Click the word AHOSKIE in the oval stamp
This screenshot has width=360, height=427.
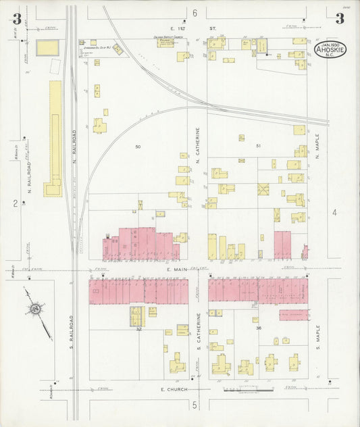330,50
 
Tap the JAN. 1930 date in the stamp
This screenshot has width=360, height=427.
330,44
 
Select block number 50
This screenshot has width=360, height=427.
138,147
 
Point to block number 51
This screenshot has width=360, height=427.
258,146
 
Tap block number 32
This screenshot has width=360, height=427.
138,329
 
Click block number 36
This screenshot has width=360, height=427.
259,328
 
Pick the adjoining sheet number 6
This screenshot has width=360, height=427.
195,14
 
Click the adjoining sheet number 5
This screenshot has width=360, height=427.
194,405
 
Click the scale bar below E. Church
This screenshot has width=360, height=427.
248,391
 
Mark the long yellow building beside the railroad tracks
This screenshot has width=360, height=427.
55,139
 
